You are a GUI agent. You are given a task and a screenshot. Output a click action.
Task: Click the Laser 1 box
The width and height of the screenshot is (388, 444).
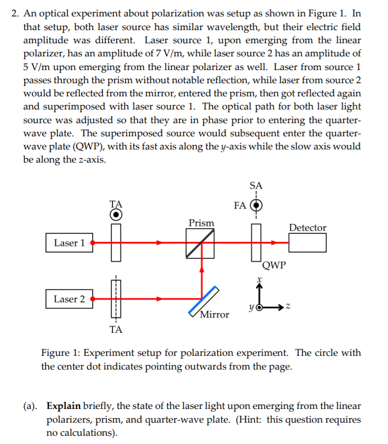(x=69, y=243)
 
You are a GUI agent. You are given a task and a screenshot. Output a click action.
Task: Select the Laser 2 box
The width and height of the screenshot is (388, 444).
(x=69, y=299)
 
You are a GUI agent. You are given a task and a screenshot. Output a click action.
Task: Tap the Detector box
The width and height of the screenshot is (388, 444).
(x=307, y=242)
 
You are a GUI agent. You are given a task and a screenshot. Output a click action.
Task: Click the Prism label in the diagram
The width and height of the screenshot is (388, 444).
(x=201, y=223)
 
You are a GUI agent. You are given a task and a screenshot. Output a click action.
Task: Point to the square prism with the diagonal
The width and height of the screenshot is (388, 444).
(x=200, y=243)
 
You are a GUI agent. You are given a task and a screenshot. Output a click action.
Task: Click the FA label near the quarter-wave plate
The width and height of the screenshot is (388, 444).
(x=239, y=206)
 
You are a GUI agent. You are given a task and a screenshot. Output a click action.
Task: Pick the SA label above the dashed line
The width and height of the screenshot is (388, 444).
(x=255, y=186)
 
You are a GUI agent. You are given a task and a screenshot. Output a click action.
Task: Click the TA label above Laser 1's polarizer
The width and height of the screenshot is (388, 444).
(x=116, y=203)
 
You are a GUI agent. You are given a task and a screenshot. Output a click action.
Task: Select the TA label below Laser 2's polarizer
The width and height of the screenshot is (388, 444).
(x=116, y=330)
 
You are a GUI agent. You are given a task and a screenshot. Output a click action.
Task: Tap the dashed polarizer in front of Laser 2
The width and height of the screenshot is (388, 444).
(x=116, y=299)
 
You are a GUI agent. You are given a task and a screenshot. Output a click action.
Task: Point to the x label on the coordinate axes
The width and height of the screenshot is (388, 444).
(x=261, y=279)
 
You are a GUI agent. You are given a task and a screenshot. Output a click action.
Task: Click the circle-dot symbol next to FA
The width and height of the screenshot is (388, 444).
(x=255, y=206)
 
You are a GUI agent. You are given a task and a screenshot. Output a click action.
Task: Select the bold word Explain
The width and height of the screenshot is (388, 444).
(x=64, y=407)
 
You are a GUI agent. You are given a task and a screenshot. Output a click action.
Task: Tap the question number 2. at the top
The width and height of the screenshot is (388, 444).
(x=15, y=14)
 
